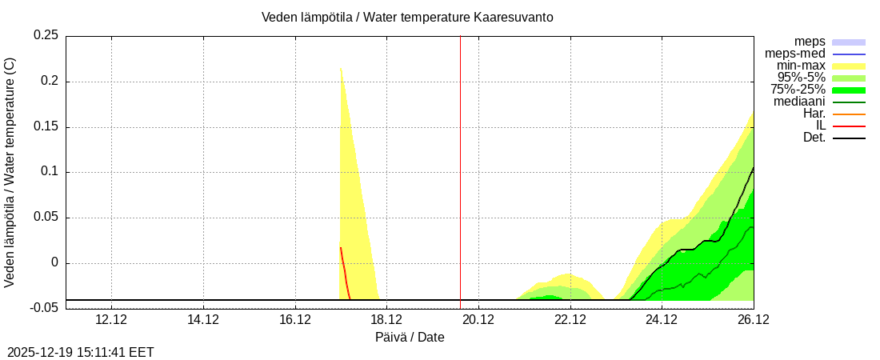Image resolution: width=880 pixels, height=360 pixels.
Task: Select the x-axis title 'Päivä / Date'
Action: (x=410, y=338)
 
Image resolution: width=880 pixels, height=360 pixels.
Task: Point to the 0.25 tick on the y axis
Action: (x=46, y=36)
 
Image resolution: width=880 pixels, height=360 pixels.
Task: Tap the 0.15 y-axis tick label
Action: (x=46, y=127)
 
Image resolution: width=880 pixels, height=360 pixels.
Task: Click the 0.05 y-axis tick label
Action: (x=46, y=218)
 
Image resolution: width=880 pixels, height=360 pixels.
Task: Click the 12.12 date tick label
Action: (x=111, y=320)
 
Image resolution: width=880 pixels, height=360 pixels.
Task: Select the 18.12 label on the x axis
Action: (x=387, y=320)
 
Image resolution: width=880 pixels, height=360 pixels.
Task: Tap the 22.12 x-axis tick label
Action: (x=570, y=320)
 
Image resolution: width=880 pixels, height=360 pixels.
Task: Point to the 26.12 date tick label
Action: (x=754, y=320)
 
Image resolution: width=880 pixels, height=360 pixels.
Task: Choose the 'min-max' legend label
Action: (x=801, y=66)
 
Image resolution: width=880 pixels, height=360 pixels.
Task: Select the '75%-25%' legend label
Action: (x=798, y=90)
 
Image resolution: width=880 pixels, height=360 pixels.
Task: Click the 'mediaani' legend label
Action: (x=799, y=102)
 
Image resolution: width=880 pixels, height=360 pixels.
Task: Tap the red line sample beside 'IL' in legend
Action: (x=849, y=126)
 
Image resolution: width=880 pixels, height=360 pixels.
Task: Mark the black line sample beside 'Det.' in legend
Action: (x=849, y=138)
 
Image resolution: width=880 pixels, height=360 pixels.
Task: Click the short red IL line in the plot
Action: (x=345, y=272)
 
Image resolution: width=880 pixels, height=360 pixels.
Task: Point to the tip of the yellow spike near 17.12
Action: (x=341, y=69)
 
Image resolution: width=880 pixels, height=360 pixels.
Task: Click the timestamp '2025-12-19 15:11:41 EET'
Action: (x=81, y=352)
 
